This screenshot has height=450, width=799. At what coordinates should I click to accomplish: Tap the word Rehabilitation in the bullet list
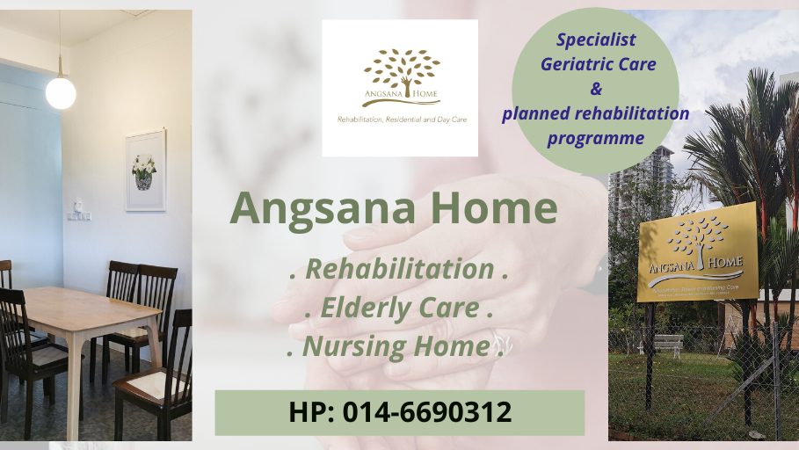click(398, 270)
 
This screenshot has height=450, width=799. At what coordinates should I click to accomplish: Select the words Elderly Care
click(399, 308)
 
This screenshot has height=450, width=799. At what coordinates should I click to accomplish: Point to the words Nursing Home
click(396, 347)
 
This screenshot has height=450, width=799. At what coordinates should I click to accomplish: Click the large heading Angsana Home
click(394, 209)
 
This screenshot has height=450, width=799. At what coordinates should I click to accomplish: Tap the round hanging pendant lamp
click(61, 92)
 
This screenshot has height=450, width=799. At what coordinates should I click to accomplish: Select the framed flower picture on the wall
click(145, 170)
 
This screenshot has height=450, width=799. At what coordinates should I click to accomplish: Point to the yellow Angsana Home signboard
click(697, 251)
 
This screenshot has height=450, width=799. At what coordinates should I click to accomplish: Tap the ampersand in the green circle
click(595, 89)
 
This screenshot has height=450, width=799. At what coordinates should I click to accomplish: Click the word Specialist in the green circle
click(595, 40)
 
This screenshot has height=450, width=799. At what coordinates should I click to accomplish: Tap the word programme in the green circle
click(595, 138)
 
